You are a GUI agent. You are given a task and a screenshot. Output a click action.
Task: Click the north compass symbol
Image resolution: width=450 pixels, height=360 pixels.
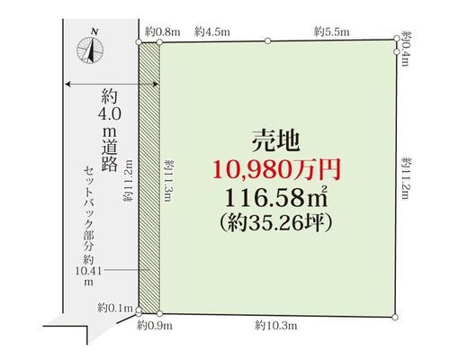[x=90, y=48]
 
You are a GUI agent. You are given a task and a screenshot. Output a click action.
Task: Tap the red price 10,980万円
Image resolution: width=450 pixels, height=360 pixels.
[x=276, y=170]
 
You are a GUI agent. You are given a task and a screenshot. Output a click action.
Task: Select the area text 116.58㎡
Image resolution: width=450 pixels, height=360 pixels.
[x=276, y=197]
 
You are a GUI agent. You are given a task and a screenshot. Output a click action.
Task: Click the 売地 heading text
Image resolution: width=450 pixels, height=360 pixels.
[x=275, y=141]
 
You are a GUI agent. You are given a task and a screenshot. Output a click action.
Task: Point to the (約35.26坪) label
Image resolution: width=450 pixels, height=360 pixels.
[x=276, y=222]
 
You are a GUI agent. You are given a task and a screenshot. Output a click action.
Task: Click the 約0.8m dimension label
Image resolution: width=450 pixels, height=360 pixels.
[x=163, y=31]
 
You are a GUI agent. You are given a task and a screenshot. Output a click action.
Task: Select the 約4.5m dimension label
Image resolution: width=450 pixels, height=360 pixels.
[x=212, y=31]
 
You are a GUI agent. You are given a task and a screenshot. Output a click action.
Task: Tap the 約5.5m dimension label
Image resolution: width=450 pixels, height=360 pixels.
[x=332, y=31]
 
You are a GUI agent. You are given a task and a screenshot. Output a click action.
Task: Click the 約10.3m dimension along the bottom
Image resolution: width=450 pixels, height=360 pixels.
[x=276, y=325]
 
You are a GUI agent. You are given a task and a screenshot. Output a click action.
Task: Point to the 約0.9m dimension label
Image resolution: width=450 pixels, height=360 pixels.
[x=155, y=325]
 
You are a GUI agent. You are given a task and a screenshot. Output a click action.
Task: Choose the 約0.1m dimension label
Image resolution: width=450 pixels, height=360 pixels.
[x=115, y=308]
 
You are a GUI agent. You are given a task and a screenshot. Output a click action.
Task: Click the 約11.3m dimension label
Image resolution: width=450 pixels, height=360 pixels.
[x=168, y=181]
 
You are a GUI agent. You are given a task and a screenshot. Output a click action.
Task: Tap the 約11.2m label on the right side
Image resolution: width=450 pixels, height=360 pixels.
[x=406, y=178]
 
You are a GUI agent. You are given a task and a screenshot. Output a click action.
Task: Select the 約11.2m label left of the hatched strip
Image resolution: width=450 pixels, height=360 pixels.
[x=128, y=180]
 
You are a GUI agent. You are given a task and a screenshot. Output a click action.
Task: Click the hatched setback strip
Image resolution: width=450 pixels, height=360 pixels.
[x=149, y=177]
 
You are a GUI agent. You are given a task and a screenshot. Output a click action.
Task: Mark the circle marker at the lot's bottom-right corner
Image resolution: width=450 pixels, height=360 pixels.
[x=395, y=317]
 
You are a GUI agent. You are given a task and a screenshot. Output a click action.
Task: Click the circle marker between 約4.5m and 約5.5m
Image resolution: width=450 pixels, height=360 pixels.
[x=267, y=40]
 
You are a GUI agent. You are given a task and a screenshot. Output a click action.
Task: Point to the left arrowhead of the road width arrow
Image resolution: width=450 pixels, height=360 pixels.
[x=68, y=85]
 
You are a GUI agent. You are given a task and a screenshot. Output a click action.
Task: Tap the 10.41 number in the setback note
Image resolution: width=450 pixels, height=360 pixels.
[x=88, y=271]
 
